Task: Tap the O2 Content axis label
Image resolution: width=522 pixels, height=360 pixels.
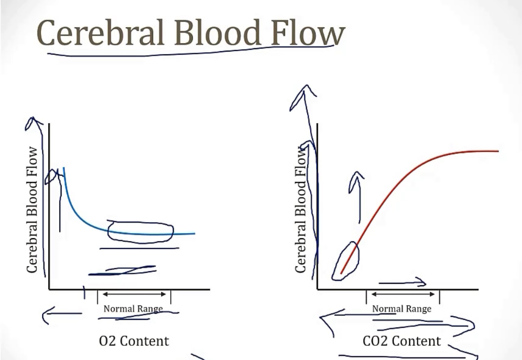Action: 134,341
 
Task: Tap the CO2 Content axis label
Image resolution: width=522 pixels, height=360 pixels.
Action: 402,341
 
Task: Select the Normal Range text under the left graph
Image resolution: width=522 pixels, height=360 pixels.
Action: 133,308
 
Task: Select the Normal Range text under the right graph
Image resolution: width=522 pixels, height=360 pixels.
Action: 401,309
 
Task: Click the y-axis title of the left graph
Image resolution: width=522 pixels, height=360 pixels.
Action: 33,210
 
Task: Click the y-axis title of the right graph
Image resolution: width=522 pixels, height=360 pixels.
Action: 301,210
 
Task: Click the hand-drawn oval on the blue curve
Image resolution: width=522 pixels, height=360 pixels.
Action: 141,232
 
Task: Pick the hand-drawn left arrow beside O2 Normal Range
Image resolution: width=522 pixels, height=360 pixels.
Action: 60,315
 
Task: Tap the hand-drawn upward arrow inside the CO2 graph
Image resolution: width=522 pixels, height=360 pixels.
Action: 357,196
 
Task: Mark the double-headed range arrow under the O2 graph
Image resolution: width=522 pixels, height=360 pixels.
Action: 134,294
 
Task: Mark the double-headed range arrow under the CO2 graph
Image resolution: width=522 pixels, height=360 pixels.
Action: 403,294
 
